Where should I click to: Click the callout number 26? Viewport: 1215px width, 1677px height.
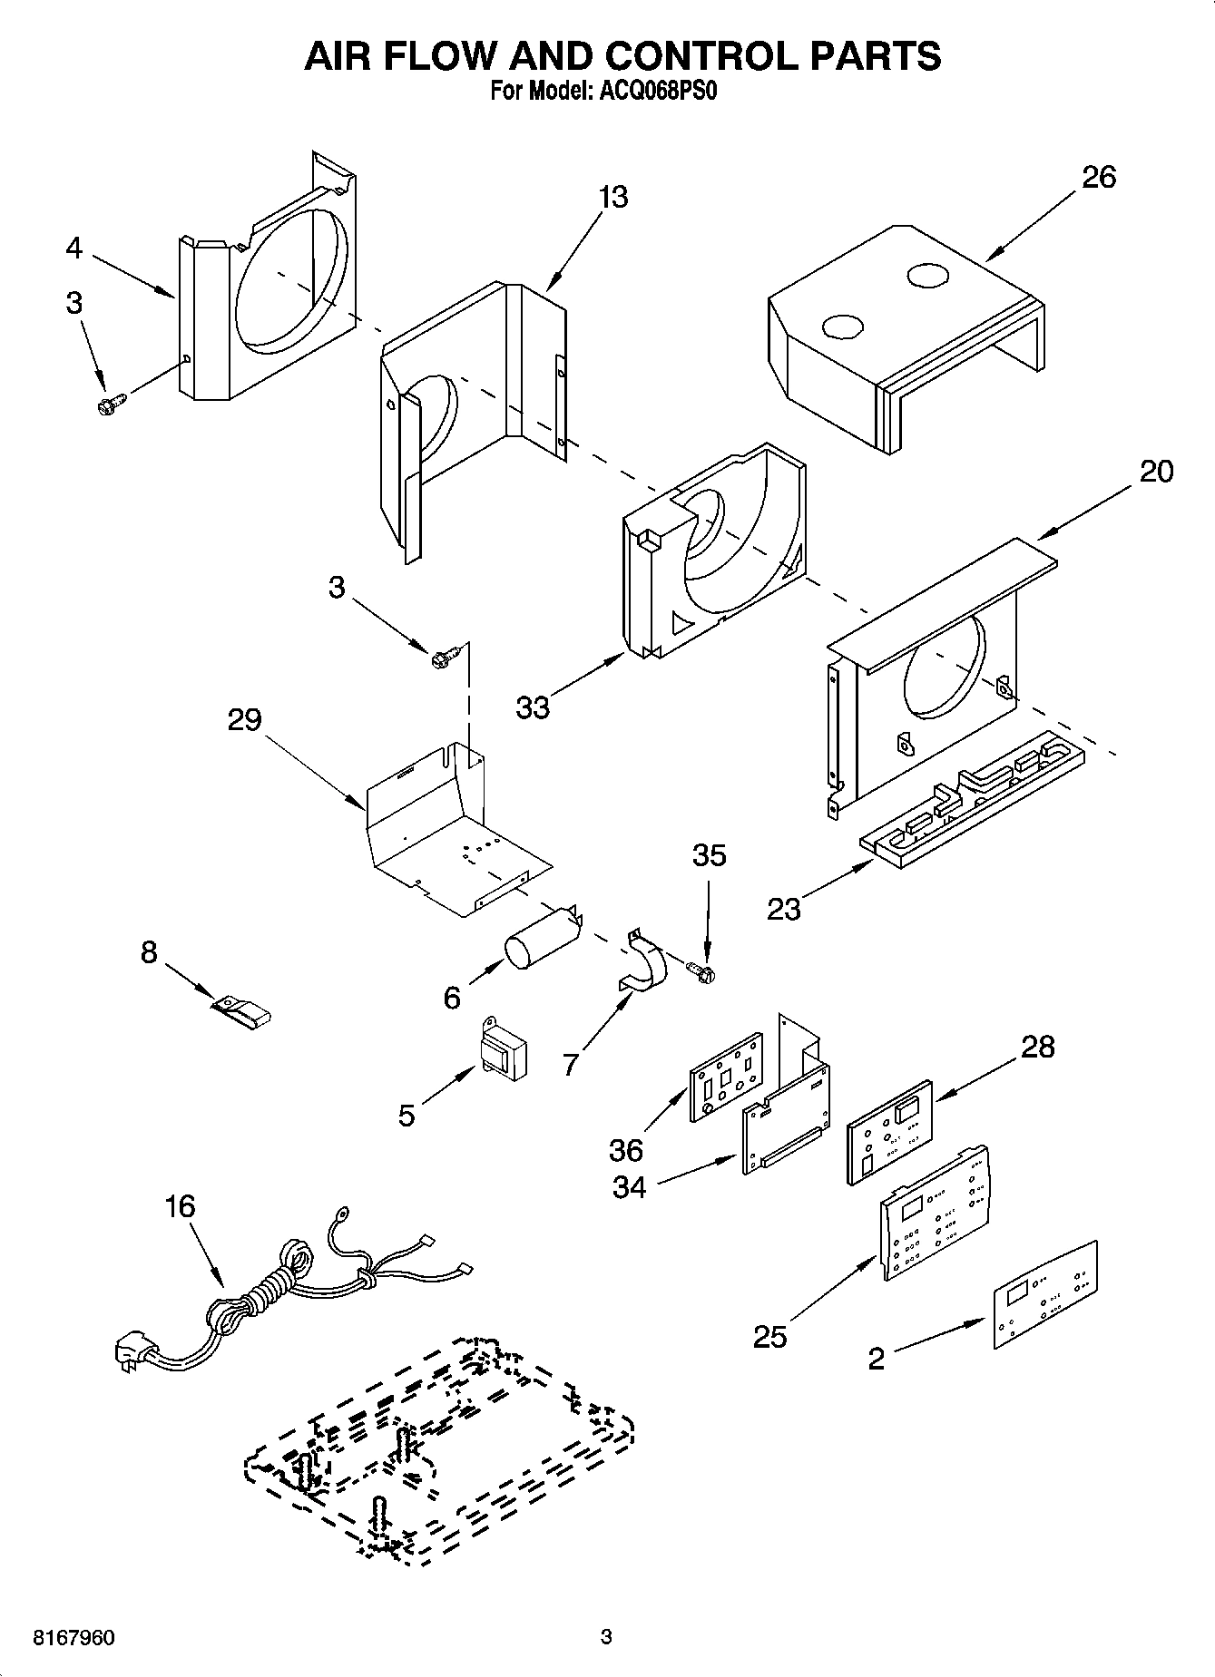pos(1098,177)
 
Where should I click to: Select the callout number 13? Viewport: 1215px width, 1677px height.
pos(613,197)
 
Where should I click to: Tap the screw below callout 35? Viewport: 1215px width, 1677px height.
pos(701,971)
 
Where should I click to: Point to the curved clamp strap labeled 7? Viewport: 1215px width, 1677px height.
pos(643,962)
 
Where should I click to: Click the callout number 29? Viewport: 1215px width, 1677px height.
pos(244,719)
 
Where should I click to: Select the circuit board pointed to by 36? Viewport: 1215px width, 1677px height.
pos(727,1077)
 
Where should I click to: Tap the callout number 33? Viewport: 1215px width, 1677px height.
pos(533,707)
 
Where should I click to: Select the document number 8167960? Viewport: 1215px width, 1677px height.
pos(73,1638)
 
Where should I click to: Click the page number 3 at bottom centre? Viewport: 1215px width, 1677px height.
pos(606,1637)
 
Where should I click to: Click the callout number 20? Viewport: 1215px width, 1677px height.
pos(1155,471)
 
